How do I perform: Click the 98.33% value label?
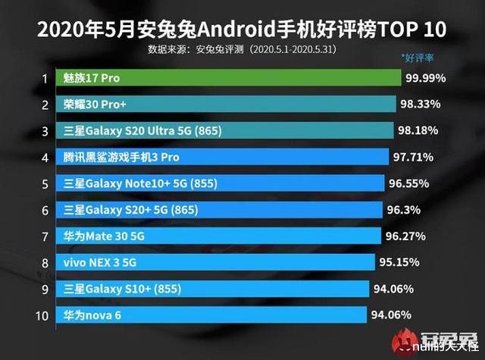coord(421,105)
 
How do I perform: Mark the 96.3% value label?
coord(402,210)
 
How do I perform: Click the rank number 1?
coord(45,79)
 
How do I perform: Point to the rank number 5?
coord(45,183)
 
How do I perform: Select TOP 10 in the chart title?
coord(410,29)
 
